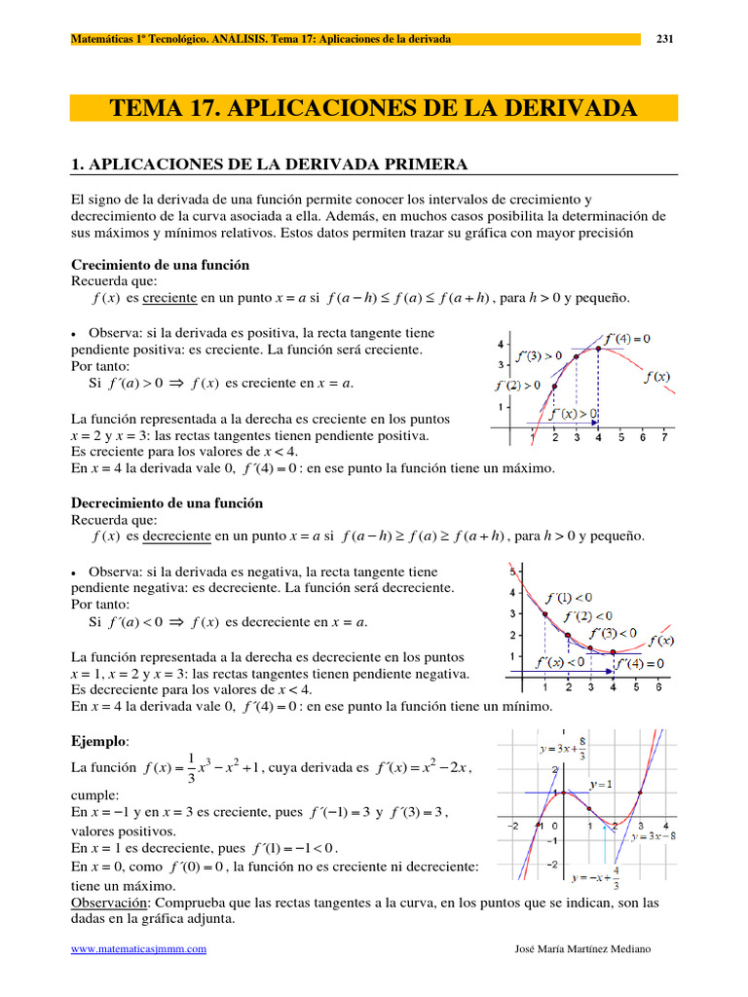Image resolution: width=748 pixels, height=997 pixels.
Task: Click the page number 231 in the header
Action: click(666, 39)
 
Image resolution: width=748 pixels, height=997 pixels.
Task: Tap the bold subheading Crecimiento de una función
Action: click(161, 265)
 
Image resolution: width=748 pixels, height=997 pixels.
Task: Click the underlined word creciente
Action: click(171, 298)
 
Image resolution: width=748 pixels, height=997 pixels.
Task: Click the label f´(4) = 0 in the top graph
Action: click(627, 339)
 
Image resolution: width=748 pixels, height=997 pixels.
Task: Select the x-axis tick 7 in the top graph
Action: click(664, 438)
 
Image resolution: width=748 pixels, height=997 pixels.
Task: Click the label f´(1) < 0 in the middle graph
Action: click(569, 597)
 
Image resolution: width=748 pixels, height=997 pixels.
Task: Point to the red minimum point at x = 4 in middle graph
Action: click(614, 652)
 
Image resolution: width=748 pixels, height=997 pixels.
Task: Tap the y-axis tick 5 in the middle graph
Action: click(512, 572)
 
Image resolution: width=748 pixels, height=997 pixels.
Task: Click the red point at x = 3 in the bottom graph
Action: click(640, 793)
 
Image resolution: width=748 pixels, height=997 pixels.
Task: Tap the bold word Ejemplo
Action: click(100, 742)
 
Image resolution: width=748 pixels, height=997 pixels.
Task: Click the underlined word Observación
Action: click(107, 904)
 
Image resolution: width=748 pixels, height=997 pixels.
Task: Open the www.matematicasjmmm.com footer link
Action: click(139, 948)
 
